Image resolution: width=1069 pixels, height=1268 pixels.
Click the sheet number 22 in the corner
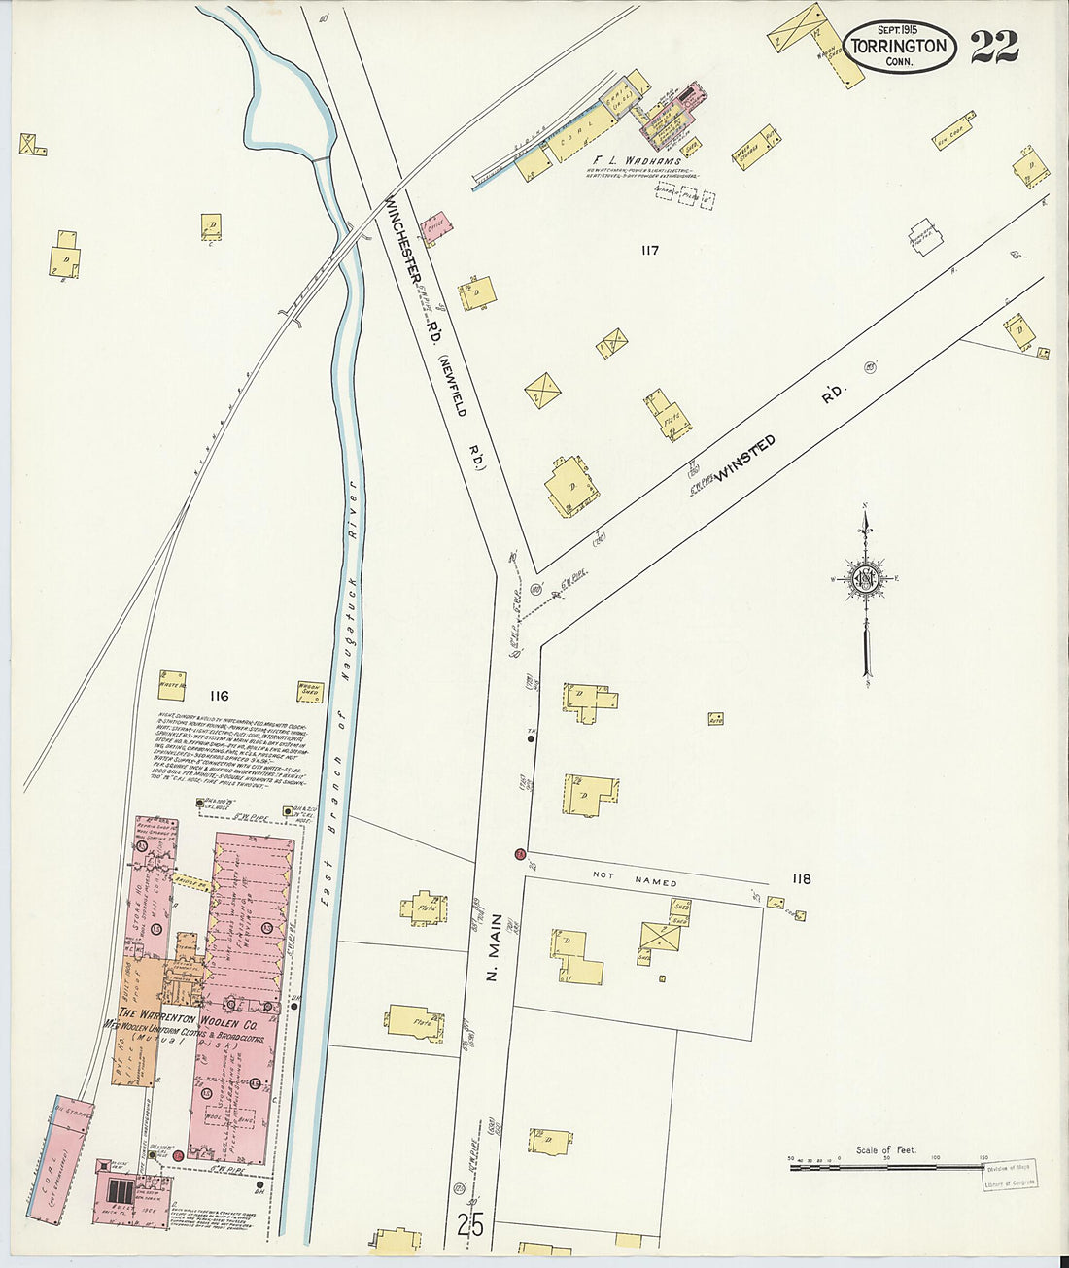993,46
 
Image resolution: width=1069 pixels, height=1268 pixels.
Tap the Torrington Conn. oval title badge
899,47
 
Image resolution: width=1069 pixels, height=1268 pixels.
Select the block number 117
649,251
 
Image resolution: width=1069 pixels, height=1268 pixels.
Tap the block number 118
801,879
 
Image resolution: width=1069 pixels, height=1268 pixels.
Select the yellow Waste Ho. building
172,682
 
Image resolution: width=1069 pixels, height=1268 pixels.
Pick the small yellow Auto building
715,719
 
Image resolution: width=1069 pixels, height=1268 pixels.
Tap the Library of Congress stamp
1009,1175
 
